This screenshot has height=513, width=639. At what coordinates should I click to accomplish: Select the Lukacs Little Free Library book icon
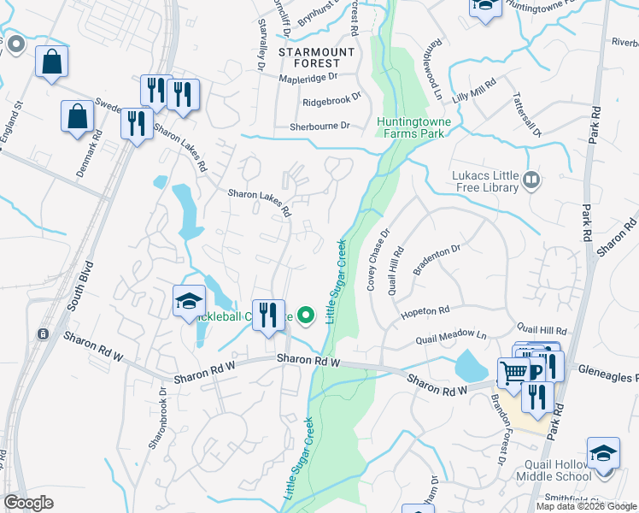click(x=531, y=179)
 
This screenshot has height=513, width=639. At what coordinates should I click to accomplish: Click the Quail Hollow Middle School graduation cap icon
click(x=603, y=453)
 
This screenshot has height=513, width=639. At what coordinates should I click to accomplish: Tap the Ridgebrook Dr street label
click(x=332, y=102)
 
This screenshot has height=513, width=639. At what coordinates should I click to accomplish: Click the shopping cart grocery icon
click(x=513, y=373)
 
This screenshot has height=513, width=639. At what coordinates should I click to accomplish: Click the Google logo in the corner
click(x=28, y=503)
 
